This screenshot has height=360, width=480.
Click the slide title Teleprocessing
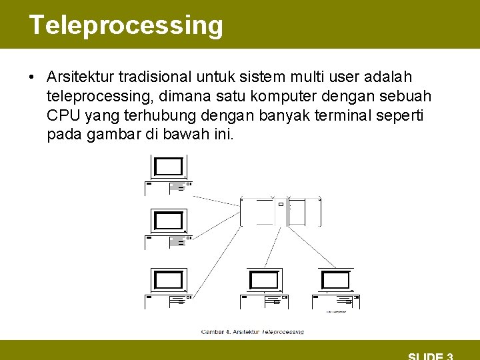coord(126,25)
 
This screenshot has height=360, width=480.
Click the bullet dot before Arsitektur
coord(32,77)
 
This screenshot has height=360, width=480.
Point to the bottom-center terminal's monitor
coord(263,280)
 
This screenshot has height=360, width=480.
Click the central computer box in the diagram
coord(280,211)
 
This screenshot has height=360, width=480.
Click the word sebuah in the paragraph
coord(408,97)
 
